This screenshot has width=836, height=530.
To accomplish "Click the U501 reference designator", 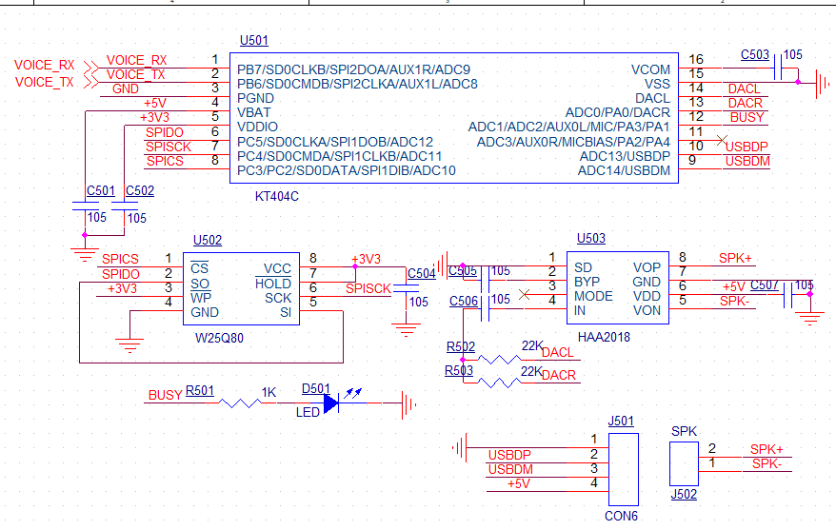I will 253,41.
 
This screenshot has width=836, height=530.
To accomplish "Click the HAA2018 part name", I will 603,337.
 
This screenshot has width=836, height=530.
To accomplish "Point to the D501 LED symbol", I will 330,402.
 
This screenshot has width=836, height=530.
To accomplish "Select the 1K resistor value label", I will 269,390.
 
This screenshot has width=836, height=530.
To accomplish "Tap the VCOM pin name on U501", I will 650,69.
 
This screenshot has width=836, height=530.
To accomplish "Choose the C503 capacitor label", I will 755,55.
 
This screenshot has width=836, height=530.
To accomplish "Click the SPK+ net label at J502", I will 766,449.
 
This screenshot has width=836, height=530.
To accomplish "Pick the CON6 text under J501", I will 621,516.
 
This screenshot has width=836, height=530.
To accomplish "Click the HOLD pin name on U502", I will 273,284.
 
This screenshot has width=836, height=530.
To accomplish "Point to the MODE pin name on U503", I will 593,296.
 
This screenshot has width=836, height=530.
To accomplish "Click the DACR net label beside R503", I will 559,376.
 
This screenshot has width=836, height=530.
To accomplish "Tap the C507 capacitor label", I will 764,285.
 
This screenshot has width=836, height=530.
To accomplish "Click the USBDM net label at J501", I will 510,469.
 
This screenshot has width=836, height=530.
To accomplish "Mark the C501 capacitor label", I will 100,190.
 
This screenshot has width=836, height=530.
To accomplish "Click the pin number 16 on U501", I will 696,60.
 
